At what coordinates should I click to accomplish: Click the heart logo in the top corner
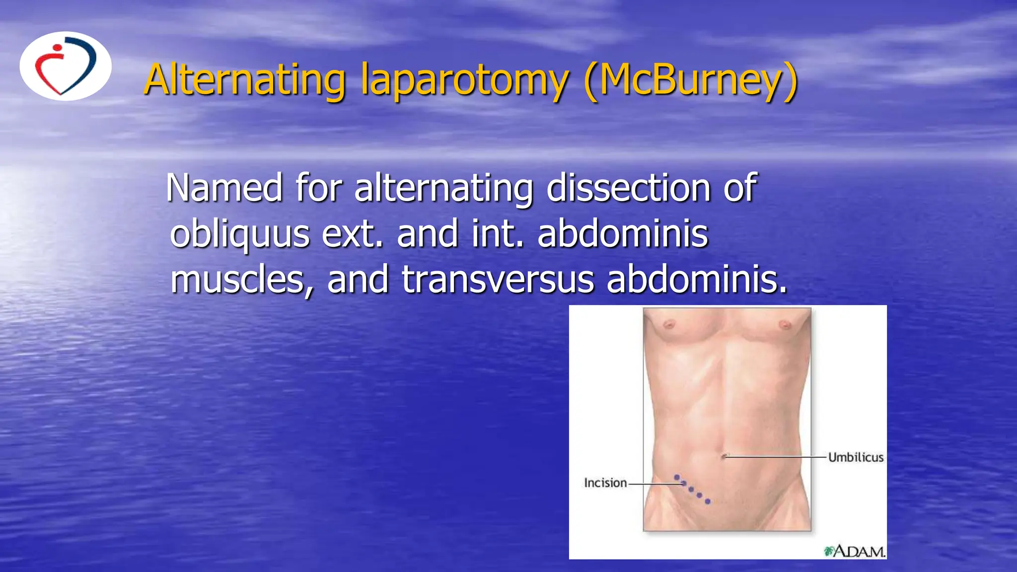65,66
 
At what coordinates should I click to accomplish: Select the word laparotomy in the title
464,80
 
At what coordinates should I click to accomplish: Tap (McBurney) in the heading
691,80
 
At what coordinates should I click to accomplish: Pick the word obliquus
240,234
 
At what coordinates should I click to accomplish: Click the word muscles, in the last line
242,280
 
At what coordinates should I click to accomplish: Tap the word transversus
498,280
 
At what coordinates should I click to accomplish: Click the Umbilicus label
856,457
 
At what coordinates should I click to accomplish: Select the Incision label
605,483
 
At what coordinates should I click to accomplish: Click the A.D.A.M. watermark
855,551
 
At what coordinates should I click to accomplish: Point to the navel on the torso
725,456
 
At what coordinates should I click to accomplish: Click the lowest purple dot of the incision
708,501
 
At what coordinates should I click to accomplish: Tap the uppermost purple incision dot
677,478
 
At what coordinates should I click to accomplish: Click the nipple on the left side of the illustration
669,325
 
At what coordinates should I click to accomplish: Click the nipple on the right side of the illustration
785,325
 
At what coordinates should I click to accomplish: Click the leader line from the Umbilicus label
775,456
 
